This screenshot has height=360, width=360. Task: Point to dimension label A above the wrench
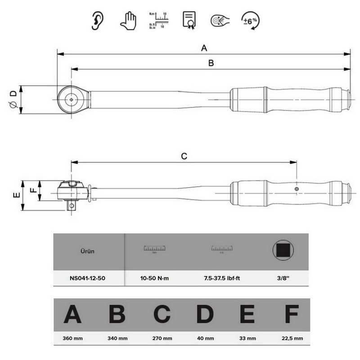point(203,48)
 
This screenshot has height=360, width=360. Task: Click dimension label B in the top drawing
point(211,63)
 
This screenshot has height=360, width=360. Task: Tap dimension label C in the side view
point(184,156)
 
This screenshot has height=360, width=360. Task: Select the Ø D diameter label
point(13,99)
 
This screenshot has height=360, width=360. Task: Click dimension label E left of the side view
point(16,195)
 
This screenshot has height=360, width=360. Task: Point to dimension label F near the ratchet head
point(32,190)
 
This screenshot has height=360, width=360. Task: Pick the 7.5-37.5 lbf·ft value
point(221,279)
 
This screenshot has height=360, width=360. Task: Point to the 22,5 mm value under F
point(292,338)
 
